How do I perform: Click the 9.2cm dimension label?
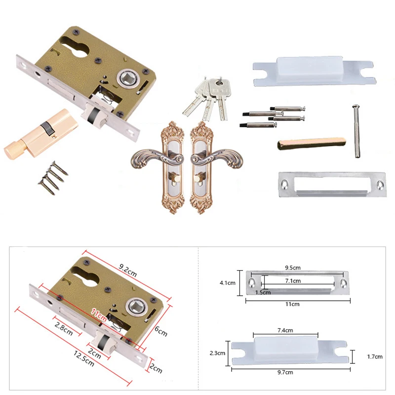click(128, 270)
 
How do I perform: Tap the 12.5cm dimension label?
click(84, 358)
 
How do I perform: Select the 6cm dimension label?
click(161, 331)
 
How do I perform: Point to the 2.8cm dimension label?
click(64, 329)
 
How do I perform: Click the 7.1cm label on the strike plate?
click(293, 280)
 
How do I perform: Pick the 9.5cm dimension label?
click(293, 268)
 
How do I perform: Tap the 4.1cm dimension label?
click(228, 283)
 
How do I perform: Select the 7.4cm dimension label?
click(285, 330)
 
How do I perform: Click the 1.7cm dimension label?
click(375, 356)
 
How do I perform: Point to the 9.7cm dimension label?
click(285, 372)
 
